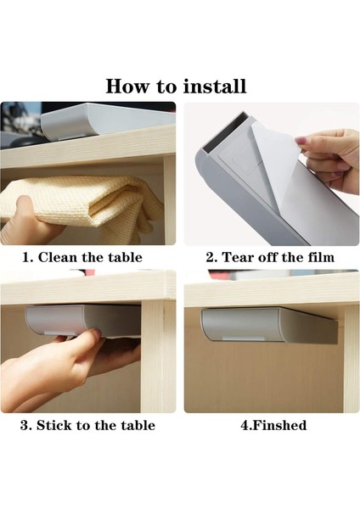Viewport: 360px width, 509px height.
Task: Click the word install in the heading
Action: pos(214,87)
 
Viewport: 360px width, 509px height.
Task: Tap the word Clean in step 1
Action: pos(58,257)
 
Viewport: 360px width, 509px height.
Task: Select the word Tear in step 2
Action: pos(238,257)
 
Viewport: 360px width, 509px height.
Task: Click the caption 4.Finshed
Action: pos(273,425)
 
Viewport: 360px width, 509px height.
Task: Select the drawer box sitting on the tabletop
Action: pos(107,120)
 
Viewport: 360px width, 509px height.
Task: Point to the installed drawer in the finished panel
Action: pos(270,326)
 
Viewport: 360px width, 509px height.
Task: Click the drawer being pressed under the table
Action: pos(83,321)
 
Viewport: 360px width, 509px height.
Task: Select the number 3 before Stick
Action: pos(25,425)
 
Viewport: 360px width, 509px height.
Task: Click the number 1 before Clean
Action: pos(27,257)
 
